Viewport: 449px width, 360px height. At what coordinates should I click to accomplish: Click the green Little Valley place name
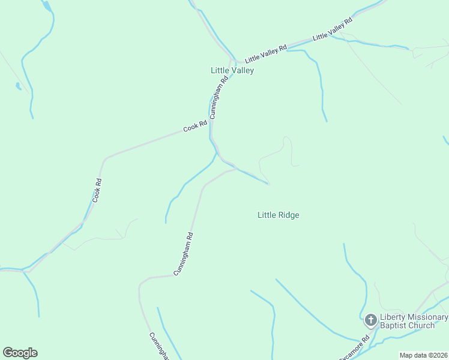[232, 70]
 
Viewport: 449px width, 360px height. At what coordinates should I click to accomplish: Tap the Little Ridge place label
[278, 215]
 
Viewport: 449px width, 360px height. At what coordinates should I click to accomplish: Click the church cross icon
[370, 320]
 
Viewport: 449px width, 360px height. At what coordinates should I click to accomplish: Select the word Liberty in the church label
[393, 317]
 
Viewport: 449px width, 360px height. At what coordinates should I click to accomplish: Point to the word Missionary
[428, 317]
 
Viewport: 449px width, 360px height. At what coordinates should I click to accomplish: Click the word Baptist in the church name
[393, 326]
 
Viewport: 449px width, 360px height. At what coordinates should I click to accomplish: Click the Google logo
[20, 353]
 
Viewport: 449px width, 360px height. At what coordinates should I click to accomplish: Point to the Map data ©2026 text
[423, 355]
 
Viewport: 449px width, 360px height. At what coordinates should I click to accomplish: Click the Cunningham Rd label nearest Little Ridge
[184, 254]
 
